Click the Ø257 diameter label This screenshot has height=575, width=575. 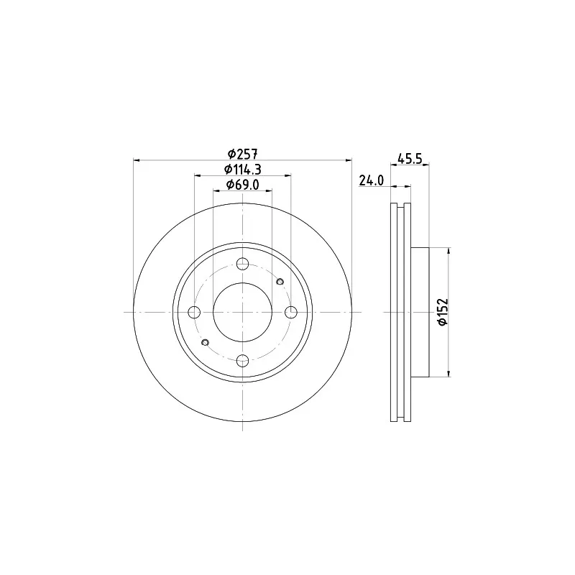click(242, 154)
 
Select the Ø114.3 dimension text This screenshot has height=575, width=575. click(242, 170)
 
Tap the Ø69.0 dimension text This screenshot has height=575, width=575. click(242, 185)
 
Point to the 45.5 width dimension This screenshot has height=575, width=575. click(410, 159)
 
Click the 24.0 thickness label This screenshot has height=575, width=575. click(371, 180)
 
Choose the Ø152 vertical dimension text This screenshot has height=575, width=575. click(443, 312)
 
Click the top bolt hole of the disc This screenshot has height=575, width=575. click(242, 264)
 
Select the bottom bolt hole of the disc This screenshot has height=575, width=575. click(242, 361)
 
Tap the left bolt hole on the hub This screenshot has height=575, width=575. click(194, 313)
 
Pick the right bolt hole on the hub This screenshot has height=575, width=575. click(291, 313)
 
